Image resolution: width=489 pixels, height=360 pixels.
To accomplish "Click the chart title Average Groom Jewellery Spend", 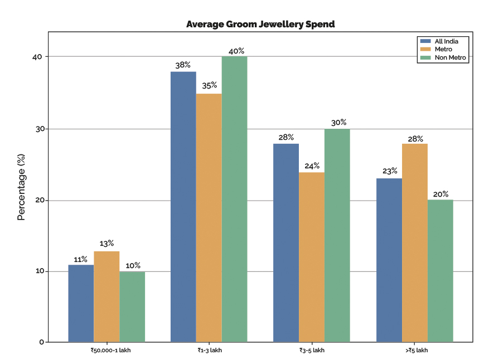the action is [260, 25].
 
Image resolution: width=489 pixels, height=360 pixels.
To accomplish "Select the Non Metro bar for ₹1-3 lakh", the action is [235, 199].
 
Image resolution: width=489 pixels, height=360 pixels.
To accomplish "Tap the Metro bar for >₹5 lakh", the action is [415, 243].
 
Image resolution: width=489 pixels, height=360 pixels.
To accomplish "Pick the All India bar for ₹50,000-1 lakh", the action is [81, 303].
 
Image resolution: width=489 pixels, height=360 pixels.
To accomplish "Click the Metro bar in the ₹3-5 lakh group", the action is [312, 257].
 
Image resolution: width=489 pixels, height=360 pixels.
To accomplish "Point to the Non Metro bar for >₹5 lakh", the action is [440, 271].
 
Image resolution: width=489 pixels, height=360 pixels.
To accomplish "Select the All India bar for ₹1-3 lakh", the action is [183, 207].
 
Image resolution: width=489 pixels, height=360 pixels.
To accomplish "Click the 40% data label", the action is [236, 51].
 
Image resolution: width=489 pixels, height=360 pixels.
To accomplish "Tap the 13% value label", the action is [106, 244].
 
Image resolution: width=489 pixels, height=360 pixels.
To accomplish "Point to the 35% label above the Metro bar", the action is [209, 85].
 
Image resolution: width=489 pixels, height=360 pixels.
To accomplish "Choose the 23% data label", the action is [390, 171].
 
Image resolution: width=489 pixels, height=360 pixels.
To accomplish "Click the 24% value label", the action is [312, 166].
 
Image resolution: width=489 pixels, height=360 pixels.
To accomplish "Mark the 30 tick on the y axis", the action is [40, 129].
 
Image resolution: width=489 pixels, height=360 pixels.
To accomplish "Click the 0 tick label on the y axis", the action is [42, 342].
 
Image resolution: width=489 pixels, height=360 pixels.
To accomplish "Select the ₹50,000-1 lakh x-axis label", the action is [111, 351].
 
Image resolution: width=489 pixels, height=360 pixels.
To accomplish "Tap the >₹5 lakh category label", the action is [417, 351].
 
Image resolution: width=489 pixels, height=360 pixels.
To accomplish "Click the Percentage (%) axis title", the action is [21, 187].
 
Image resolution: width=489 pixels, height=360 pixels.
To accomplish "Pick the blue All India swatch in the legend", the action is [425, 41].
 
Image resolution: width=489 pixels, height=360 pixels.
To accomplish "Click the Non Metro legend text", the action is [451, 57].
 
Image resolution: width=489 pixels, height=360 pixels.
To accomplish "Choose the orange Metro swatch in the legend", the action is [425, 49].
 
